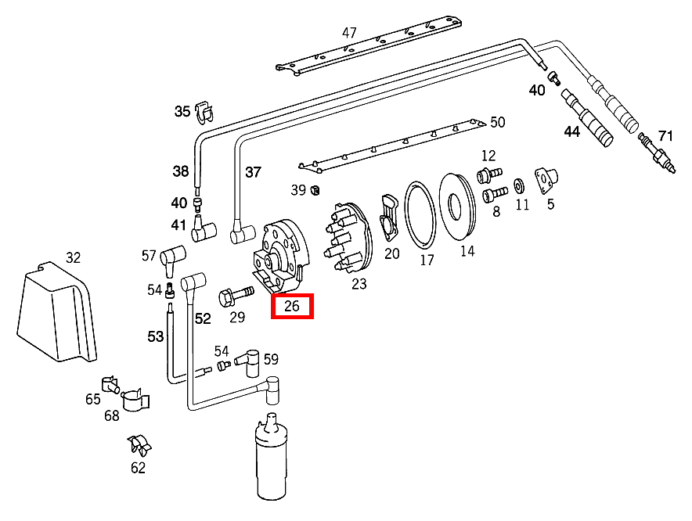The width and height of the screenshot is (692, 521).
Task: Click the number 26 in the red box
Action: pos(292,306)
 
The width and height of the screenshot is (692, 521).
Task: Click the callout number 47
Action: pos(349,33)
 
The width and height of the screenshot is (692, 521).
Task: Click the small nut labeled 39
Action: pos(315,189)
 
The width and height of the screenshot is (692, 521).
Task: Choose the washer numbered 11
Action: pos(519,187)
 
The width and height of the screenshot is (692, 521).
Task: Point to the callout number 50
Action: pos(498,122)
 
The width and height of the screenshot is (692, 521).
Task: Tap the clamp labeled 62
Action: pos(139,447)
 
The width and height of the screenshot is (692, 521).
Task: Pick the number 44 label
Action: pos(572,132)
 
